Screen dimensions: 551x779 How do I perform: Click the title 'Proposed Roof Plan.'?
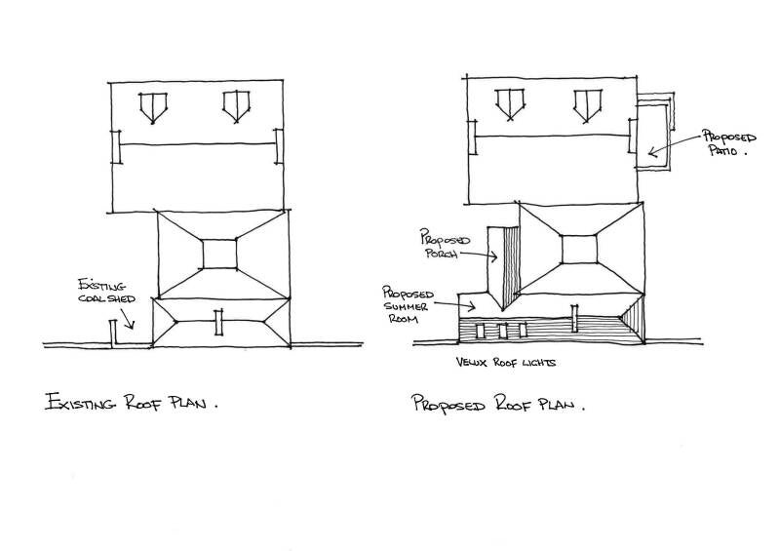point(498,404)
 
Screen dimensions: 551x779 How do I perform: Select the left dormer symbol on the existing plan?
point(151,105)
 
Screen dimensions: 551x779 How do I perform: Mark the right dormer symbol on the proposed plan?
point(587,103)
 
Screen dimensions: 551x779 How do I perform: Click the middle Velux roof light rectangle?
point(504,331)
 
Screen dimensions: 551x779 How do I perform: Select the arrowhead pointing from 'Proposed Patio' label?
point(647,151)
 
